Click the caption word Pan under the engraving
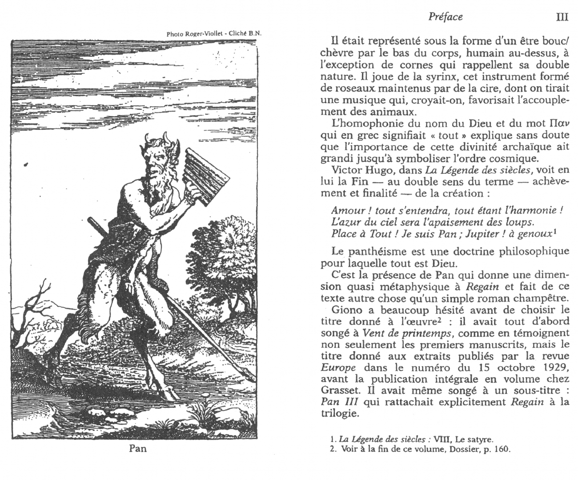pos(137,448)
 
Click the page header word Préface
pos(446,17)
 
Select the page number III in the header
pos(562,17)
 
